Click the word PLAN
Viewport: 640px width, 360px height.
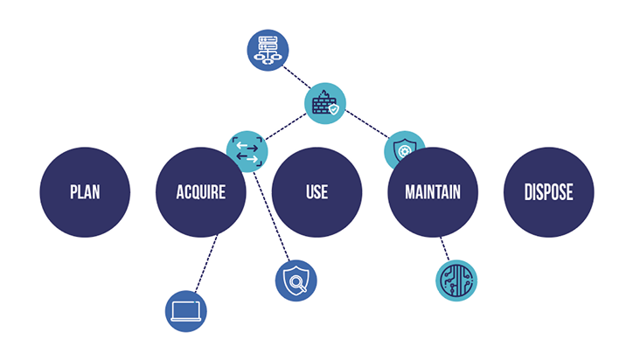86,192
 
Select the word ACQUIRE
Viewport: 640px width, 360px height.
200,192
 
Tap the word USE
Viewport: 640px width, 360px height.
317,192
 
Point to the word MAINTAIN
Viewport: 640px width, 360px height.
432,192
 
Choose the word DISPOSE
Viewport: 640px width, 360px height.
548,192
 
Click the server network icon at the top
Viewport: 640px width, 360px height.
268,49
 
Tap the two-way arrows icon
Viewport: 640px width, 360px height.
247,151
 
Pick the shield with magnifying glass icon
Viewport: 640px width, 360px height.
296,280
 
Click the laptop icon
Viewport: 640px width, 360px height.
186,310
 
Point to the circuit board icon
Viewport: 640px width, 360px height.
456,280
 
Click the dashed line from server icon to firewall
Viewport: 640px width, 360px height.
296,77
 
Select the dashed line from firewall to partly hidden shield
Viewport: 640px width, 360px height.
367,125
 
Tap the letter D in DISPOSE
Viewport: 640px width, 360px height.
528,192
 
